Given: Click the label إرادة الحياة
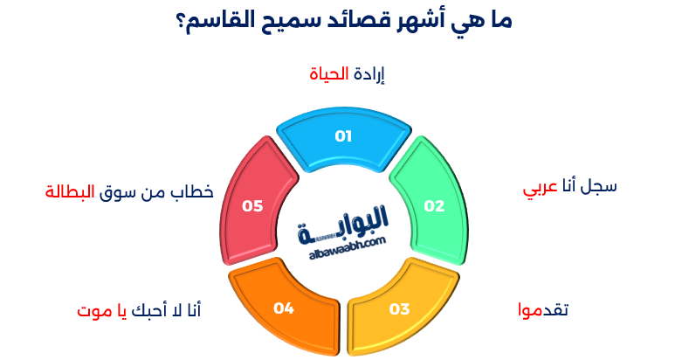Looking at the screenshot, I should tap(348, 74).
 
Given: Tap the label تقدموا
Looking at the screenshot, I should tap(543, 310).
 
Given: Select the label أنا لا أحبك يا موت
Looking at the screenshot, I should tap(139, 310).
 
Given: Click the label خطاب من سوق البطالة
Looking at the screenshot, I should tap(129, 191).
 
